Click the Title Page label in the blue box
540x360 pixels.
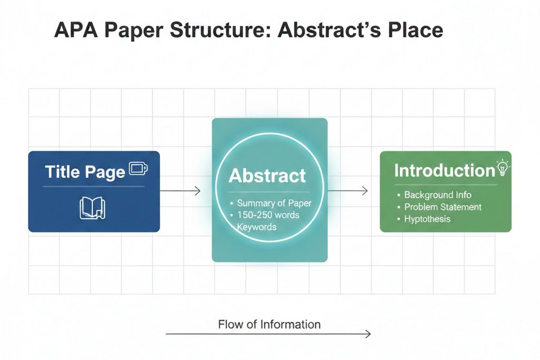(85, 172)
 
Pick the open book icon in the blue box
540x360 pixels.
(92, 208)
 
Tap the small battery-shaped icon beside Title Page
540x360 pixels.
(138, 169)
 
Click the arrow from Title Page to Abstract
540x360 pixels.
(180, 191)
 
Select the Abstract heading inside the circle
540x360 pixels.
(267, 176)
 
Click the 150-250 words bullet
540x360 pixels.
(268, 215)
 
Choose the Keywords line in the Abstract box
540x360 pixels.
(256, 227)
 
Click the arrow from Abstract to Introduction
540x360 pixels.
(348, 191)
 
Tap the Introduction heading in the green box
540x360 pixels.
(444, 170)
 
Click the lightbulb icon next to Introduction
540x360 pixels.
(504, 168)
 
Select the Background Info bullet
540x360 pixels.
(438, 195)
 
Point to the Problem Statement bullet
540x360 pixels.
(442, 207)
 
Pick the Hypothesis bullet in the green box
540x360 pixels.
(427, 218)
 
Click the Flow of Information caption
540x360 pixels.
(269, 324)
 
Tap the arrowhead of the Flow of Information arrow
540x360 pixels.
(368, 334)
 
